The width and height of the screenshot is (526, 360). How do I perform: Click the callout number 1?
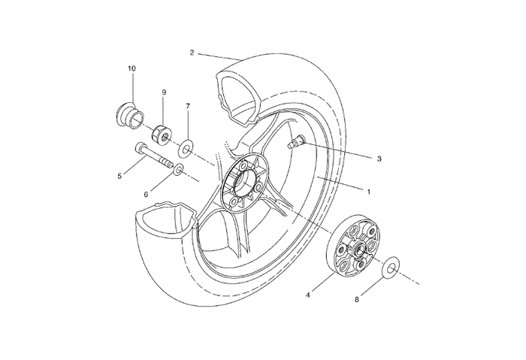[369, 191]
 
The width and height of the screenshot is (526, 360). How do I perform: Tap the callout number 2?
[192, 53]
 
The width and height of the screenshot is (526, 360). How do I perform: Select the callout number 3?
[379, 159]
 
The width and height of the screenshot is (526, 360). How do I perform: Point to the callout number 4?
[307, 295]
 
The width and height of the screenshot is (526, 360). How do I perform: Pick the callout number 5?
[119, 177]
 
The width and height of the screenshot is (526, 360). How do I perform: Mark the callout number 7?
[188, 106]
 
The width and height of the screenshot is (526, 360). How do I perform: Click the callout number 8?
[356, 299]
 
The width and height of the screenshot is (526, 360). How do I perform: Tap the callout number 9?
[163, 92]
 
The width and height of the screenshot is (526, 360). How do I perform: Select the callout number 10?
[131, 68]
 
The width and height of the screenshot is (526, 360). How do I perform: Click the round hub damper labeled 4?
[355, 245]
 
